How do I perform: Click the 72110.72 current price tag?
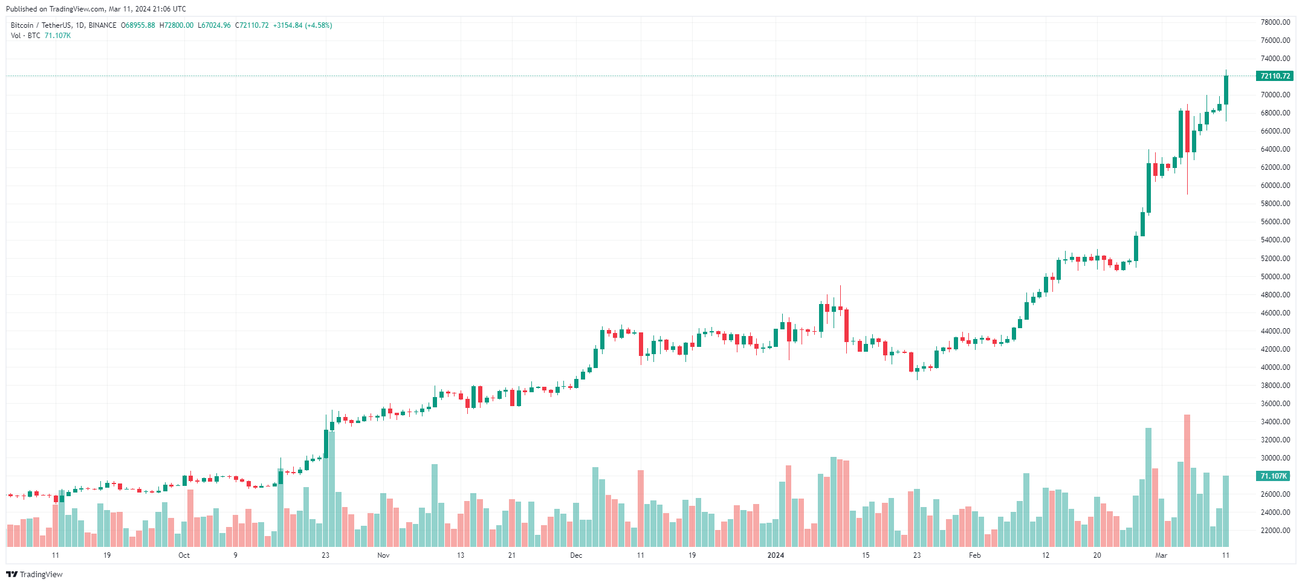point(1275,76)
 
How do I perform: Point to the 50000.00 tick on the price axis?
point(1275,277)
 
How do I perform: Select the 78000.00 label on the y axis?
point(1275,22)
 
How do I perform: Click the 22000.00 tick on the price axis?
point(1275,531)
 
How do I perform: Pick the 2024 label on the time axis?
point(776,555)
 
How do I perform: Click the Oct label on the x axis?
point(184,555)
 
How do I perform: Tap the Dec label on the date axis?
point(576,555)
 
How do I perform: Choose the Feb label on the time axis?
point(974,555)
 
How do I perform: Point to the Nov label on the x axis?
point(383,555)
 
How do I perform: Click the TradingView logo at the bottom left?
point(34,574)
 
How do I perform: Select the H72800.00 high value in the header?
point(177,25)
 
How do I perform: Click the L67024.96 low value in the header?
point(214,25)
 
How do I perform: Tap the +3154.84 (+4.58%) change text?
point(302,25)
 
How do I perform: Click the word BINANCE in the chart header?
point(102,25)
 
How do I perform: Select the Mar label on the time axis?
point(1161,555)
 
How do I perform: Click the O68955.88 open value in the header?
point(138,25)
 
